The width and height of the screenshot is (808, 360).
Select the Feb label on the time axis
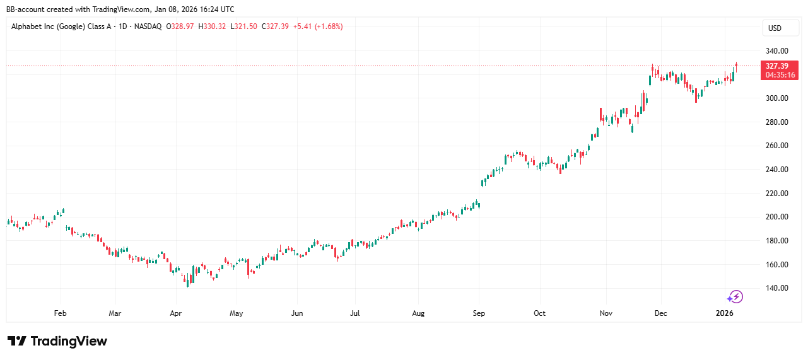pos(60,313)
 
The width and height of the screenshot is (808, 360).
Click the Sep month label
pos(479,313)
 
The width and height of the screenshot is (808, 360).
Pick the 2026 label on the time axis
pos(725,313)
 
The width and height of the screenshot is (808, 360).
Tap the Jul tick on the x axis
pos(355,313)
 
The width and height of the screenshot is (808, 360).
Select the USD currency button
pos(774,28)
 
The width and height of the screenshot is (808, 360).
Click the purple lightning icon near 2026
pos(735,297)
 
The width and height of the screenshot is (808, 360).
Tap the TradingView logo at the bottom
pos(57,341)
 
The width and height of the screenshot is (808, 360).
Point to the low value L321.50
pos(243,26)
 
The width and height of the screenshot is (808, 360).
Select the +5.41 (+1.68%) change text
pos(318,26)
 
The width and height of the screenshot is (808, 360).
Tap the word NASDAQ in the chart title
pos(148,26)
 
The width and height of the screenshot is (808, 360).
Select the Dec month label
pos(661,313)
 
